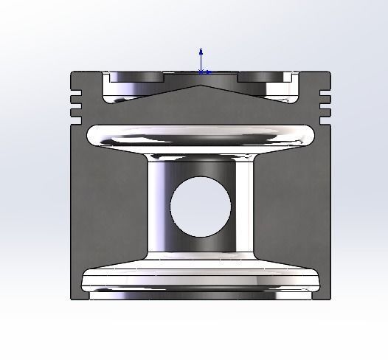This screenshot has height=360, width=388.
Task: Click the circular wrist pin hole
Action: click(x=200, y=207)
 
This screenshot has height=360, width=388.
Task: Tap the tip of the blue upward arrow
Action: click(x=201, y=49)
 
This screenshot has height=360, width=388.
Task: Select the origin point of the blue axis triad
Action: click(x=201, y=72)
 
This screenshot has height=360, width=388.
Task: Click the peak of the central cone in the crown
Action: click(x=201, y=86)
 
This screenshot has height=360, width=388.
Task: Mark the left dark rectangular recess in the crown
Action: click(x=136, y=77)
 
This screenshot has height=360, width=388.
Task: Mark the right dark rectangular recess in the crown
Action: click(x=264, y=77)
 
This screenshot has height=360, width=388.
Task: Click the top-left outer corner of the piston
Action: click(x=72, y=72)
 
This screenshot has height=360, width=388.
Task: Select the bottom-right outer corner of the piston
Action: click(x=329, y=298)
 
